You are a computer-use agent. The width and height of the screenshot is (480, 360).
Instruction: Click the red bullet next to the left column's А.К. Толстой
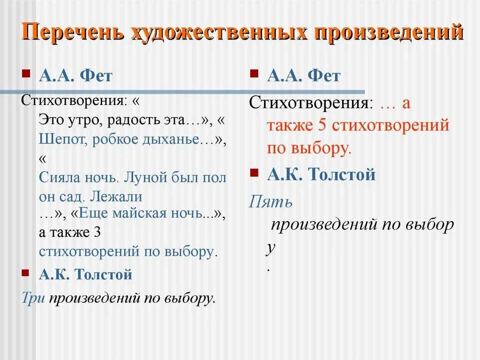(26, 272)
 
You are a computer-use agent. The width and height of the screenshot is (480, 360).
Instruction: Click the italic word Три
(33, 298)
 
